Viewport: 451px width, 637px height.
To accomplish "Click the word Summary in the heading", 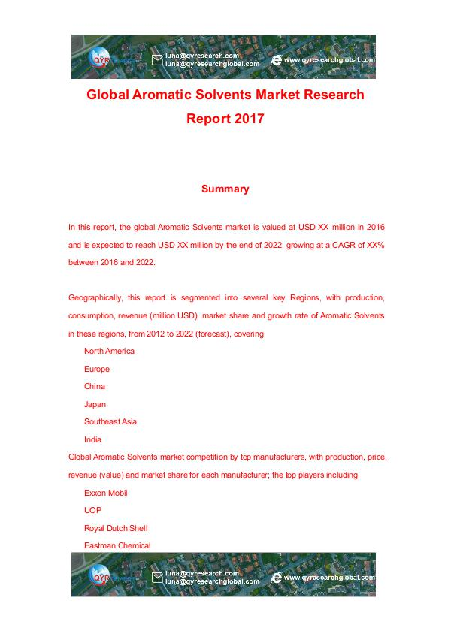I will coord(225,189).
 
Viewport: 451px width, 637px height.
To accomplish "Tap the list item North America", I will coord(109,351).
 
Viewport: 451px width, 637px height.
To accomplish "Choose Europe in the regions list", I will coord(97,369).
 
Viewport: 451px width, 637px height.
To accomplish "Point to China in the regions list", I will coord(95,386).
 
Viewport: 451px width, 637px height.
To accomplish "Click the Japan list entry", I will coord(95,404).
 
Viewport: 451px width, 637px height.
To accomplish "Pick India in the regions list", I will coord(92,439).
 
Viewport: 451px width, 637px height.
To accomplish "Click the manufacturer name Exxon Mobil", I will coord(105,493).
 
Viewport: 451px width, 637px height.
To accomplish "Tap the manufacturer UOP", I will coord(92,510).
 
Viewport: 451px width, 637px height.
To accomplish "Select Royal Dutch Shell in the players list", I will coord(116,528).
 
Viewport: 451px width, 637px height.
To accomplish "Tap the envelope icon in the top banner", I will coord(157,59).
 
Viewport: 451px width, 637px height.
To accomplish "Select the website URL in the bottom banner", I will coord(328,578).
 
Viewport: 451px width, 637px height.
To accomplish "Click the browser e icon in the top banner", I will coord(277,59).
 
